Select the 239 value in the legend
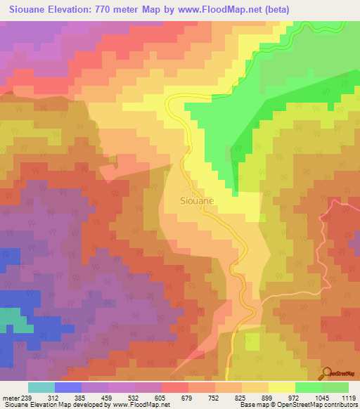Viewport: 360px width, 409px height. click(26, 397)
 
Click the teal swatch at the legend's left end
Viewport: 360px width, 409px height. click(41, 387)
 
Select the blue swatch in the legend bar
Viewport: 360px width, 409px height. click(68, 387)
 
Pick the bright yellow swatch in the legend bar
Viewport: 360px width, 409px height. click(282, 387)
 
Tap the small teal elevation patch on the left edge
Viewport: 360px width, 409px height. click(6, 319)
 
